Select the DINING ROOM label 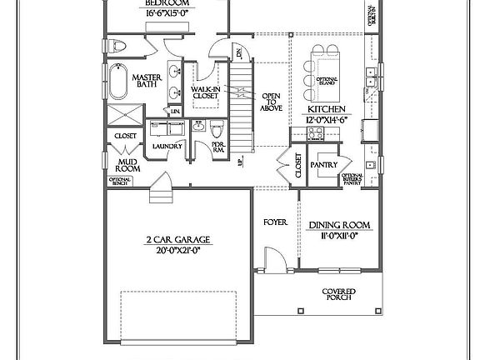[338, 225]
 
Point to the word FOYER [275, 222]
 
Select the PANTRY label [323, 165]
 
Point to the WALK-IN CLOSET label [205, 92]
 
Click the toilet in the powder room [217, 129]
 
